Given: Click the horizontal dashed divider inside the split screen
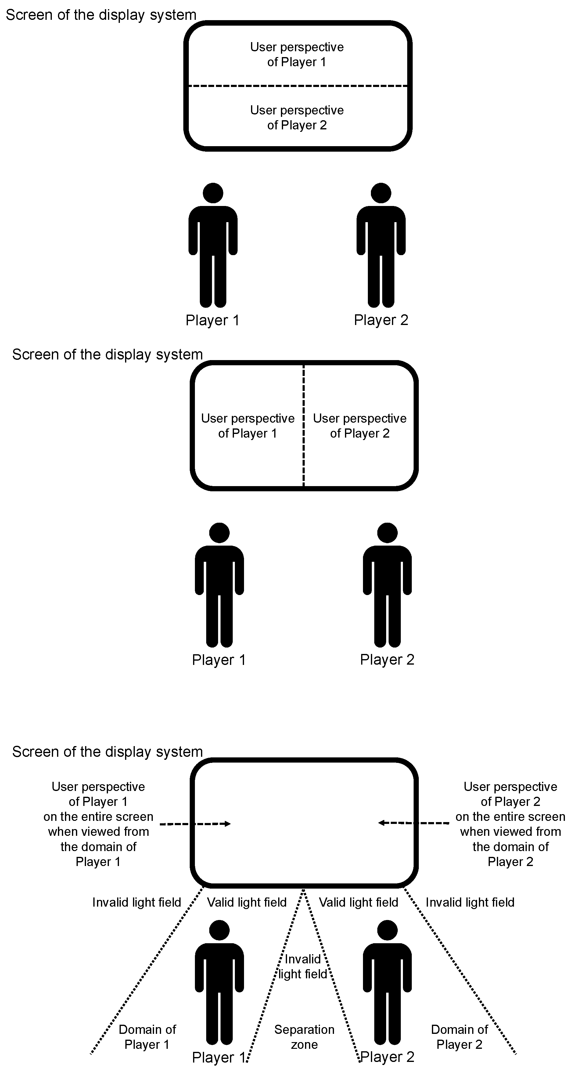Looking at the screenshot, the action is tap(298, 86).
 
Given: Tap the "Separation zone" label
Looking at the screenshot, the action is tap(304, 1037).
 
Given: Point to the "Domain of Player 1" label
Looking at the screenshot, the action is tap(147, 1037).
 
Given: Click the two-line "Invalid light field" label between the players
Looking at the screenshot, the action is tap(303, 966).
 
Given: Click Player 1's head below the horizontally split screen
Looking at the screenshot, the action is tap(213, 193).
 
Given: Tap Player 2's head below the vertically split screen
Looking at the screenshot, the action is tap(387, 533).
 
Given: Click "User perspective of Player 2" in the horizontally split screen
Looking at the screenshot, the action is tap(297, 117).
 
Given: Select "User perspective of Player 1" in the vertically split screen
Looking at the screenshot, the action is tap(248, 425).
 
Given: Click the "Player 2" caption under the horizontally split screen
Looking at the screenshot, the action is tap(381, 320).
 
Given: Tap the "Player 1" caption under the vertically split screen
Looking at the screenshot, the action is tap(219, 660).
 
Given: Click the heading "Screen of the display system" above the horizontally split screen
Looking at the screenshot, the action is tap(101, 15).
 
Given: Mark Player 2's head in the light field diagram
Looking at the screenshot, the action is tap(387, 930).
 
